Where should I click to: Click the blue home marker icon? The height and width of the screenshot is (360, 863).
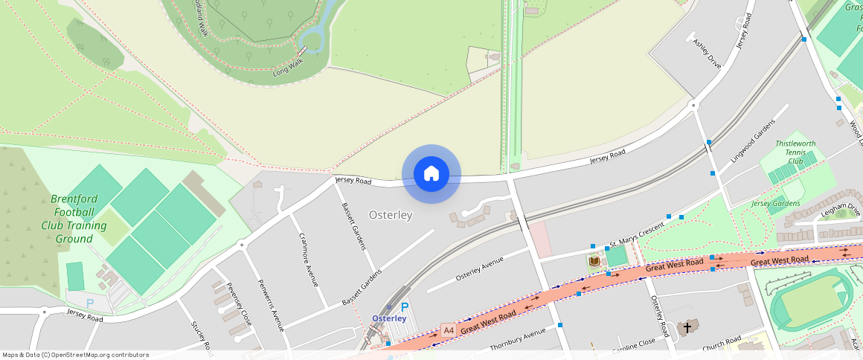point(431,174)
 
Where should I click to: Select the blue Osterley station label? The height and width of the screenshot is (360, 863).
point(389,318)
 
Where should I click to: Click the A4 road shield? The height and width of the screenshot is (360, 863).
point(448,330)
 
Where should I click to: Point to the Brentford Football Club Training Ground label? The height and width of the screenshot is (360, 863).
point(73,219)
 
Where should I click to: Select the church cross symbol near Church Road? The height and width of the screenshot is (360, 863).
point(687,327)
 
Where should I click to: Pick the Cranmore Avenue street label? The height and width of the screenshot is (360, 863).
point(308,258)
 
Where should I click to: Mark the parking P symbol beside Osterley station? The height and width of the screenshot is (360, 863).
point(405,306)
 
